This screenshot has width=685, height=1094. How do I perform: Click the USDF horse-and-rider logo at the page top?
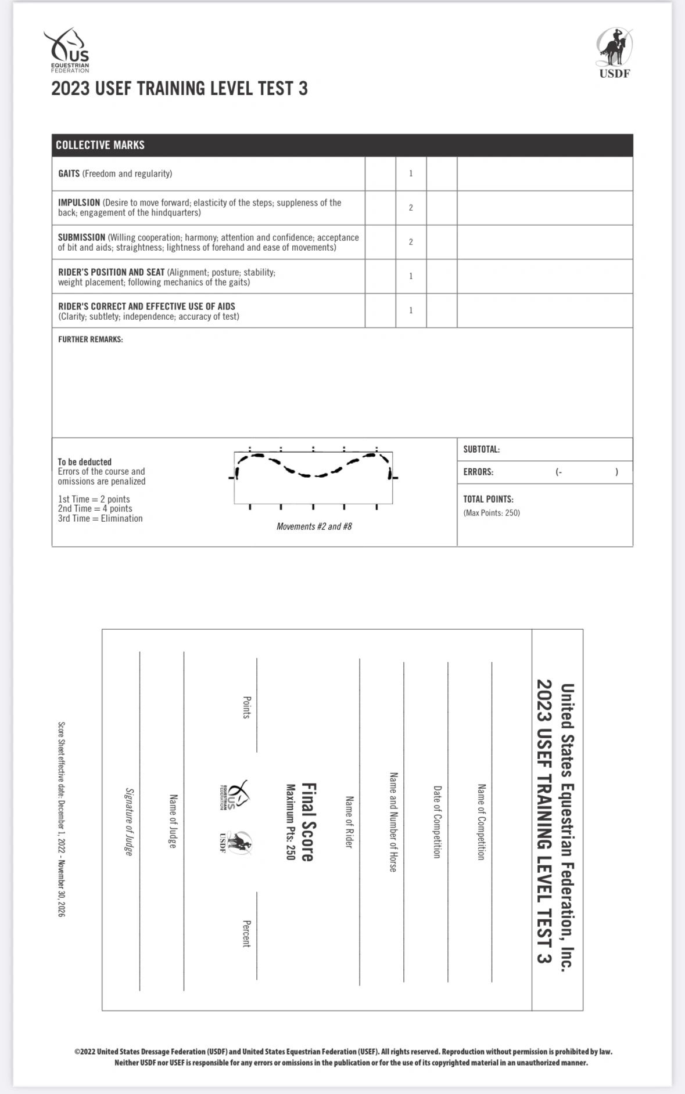point(614,51)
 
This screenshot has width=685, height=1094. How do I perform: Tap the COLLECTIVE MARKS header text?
point(100,145)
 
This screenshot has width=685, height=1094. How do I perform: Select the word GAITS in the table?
point(69,174)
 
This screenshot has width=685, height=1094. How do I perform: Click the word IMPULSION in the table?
point(79,203)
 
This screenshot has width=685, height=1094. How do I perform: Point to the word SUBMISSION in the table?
point(81,237)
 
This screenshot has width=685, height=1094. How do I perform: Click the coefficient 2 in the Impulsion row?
point(411,208)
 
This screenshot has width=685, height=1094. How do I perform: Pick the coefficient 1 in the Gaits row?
point(411,174)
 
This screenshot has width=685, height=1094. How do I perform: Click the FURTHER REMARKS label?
point(90,340)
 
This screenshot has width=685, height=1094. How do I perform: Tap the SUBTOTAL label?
point(481,449)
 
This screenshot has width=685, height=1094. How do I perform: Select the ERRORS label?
point(478,472)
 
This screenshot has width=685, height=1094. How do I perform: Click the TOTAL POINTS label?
point(488,499)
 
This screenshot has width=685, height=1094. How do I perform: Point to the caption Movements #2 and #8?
point(314,526)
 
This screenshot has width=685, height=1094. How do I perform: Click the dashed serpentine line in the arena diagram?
point(314,475)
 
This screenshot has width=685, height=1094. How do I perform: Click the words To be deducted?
point(84,462)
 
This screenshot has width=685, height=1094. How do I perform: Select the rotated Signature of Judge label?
point(129,821)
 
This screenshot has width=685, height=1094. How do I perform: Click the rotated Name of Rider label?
point(349,822)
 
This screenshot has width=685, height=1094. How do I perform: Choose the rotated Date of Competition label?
point(437,822)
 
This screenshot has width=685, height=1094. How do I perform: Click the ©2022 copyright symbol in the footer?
point(77,1052)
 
